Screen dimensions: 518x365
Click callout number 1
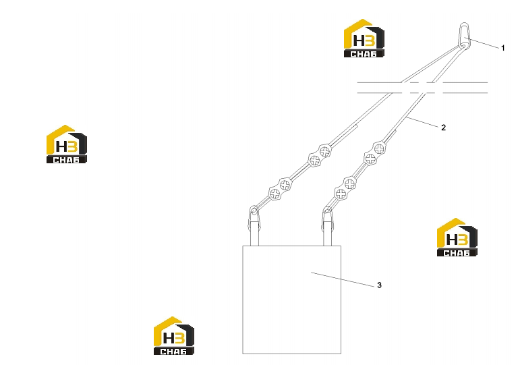[x=502, y=48]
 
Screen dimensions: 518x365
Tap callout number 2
[x=443, y=128]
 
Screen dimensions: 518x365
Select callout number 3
[x=379, y=285]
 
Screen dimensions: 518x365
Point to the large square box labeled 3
[x=291, y=300]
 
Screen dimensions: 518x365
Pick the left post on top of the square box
[x=254, y=233]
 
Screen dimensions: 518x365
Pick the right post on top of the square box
[x=327, y=233]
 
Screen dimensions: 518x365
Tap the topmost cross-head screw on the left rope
[x=325, y=151]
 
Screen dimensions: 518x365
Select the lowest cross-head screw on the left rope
[x=275, y=194]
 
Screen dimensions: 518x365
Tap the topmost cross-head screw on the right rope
[x=379, y=149]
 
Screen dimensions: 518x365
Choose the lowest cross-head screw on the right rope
[x=341, y=194]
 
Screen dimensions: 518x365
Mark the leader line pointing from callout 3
[x=343, y=279]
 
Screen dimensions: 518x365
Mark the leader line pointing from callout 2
[x=422, y=121]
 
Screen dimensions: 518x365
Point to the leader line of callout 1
[x=483, y=44]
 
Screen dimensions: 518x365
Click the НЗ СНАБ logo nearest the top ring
[x=364, y=38]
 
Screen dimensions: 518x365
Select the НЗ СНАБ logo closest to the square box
[x=174, y=336]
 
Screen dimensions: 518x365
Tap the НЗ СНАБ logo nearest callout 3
[x=457, y=237]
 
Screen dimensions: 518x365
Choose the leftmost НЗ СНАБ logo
[x=67, y=144]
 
